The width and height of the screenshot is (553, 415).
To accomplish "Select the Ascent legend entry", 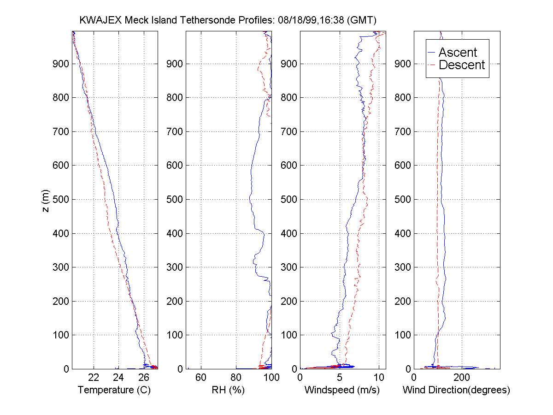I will click(458, 52).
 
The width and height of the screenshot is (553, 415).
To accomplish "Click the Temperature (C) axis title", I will click(114, 390).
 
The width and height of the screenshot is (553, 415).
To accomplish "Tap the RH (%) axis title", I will click(228, 390).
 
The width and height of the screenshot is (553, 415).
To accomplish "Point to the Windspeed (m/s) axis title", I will click(342, 390).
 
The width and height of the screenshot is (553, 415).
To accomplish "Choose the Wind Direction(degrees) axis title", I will click(456, 390).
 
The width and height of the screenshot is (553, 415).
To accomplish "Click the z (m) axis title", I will click(46, 200).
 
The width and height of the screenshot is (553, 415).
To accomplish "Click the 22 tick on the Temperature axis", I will click(94, 378).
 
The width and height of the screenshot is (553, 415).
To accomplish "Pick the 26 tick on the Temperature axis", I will click(144, 378).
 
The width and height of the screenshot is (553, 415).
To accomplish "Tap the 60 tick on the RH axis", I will click(201, 378).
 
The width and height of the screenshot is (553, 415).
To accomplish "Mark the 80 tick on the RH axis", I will click(236, 378).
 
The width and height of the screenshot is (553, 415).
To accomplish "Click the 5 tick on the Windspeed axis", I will click(340, 378).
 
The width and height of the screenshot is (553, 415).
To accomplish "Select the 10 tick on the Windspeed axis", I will click(378, 378).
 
